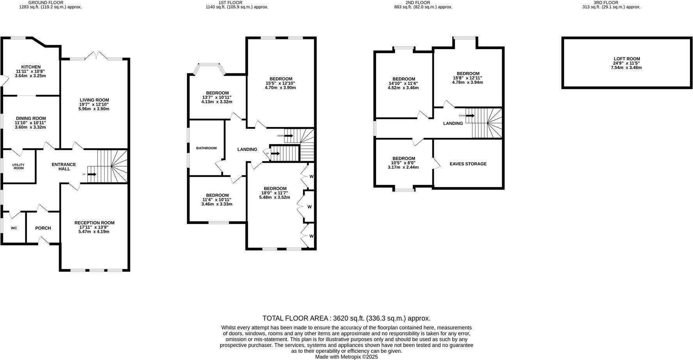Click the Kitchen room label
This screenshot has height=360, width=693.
(31, 67)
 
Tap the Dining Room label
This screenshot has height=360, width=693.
(31, 119)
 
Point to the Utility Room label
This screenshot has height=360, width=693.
(18, 166)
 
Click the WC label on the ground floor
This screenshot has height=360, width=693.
(14, 228)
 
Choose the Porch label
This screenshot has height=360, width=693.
(43, 228)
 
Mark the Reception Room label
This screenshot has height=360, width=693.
(94, 223)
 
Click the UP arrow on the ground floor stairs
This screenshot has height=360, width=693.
(92, 174)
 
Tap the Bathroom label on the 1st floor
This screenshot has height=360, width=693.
(206, 148)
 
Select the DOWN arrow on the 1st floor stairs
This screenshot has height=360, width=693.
(289, 136)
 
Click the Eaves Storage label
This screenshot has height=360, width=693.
(468, 164)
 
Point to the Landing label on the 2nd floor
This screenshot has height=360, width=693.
(453, 123)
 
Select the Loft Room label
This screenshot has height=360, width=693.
(627, 59)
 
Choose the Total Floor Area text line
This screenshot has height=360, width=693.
(346, 318)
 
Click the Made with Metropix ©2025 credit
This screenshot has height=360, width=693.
(346, 356)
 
